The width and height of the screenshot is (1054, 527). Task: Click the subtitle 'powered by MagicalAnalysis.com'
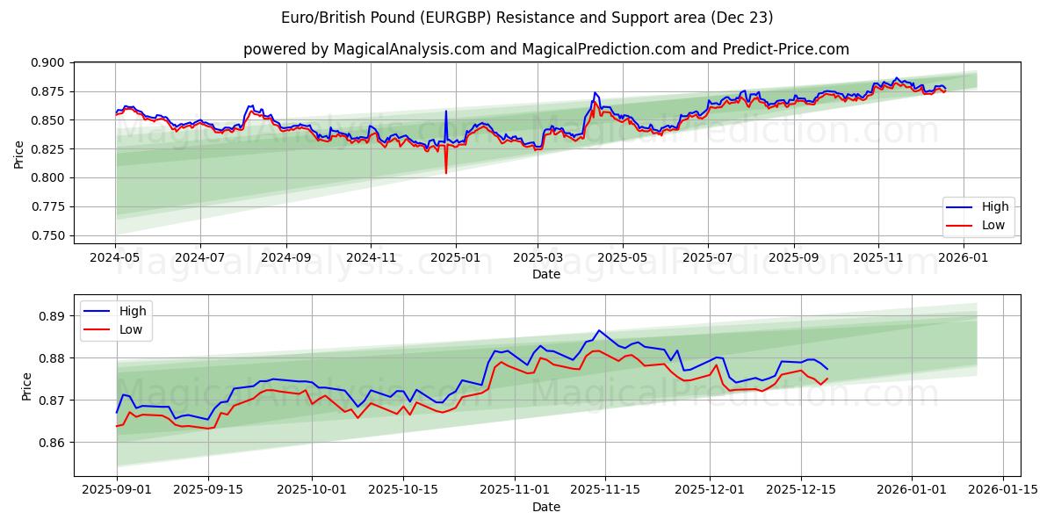click(x=545, y=49)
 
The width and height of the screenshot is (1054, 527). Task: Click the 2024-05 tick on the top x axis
click(x=116, y=257)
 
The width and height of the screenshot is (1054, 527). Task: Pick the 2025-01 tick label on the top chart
click(x=455, y=257)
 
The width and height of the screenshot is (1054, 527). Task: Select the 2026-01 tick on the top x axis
click(x=964, y=257)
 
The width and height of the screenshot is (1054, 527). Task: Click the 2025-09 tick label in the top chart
click(x=793, y=257)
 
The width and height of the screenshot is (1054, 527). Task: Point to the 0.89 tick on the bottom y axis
click(x=54, y=316)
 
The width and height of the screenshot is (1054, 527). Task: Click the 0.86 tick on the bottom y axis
click(x=54, y=443)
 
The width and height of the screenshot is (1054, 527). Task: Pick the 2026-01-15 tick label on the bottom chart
click(x=1003, y=490)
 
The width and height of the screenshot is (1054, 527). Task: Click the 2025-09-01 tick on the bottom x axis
click(x=116, y=490)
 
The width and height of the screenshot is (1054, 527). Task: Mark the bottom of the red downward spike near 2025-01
click(x=446, y=173)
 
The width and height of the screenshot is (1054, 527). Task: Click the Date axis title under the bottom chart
click(x=545, y=507)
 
